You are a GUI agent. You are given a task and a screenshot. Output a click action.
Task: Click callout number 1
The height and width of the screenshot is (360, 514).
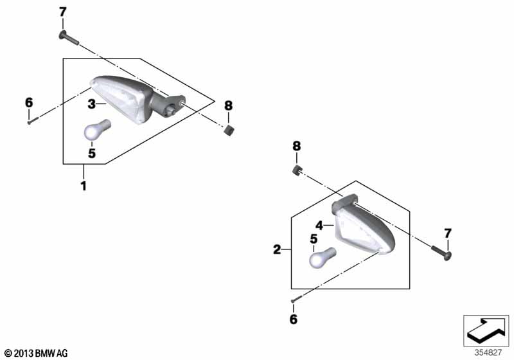click(84, 186)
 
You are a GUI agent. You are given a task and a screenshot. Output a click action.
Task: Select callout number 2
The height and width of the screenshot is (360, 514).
click(278, 250)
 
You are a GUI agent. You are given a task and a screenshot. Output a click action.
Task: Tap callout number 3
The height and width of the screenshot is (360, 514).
click(91, 104)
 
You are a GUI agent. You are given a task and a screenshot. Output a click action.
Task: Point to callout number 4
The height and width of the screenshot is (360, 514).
click(319, 226)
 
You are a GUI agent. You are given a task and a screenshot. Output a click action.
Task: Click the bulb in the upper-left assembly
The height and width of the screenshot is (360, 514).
click(98, 129)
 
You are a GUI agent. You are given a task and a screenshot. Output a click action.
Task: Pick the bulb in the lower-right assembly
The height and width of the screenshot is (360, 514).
click(323, 257)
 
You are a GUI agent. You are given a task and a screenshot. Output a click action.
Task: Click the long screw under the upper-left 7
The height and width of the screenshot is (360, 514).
click(69, 38)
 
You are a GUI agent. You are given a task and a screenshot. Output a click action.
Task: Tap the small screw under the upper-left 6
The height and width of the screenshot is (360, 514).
click(33, 121)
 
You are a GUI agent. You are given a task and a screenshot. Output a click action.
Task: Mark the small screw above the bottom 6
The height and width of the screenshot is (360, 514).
click(296, 299)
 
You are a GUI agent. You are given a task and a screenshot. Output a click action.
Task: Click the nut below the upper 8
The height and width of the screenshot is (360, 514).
click(229, 130)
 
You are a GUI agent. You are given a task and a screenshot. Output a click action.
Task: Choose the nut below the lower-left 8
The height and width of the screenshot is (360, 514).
click(297, 170)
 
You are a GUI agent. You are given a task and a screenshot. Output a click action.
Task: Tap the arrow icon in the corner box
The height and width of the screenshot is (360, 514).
click(486, 330)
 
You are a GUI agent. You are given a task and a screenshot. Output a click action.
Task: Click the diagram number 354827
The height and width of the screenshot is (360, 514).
click(488, 353)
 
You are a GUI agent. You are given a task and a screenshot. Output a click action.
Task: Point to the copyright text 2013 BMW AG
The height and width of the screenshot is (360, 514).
click(36, 354)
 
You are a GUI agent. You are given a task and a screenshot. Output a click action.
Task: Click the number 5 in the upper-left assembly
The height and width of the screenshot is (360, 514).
click(92, 153)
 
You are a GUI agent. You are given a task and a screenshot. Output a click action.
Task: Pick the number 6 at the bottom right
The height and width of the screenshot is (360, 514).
click(294, 319)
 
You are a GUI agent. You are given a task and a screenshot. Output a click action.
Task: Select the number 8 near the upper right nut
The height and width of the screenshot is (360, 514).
click(229, 105)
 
